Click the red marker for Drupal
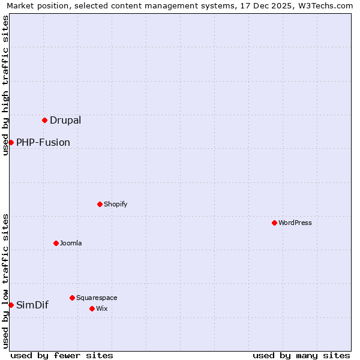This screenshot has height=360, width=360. coord(44,120)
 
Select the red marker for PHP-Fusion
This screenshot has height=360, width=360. coord(11,142)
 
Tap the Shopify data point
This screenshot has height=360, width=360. coord(100,204)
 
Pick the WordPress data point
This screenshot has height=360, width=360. coord(274,223)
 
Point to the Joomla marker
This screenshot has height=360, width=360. coord(56,243)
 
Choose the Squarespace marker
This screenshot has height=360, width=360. coord(72,298)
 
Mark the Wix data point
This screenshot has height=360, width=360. coord(92,308)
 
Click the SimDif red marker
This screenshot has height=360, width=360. coord(11,305)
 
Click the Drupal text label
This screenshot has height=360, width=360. coord(65,120)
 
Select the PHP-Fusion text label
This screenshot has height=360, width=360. coord(43,142)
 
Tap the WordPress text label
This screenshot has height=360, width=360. coord(295,223)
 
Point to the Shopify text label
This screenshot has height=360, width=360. coord(116,204)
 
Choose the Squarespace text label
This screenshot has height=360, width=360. coord(97,298)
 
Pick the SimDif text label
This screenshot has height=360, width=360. coord(32,305)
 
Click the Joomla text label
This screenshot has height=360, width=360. coord(71,243)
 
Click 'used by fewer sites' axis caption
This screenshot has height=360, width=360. coord(62,355)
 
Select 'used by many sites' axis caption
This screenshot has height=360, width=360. coord(301,355)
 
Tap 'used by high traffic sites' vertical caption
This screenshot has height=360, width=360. coord(6,85)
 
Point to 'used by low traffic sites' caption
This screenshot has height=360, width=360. coord(6,281)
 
